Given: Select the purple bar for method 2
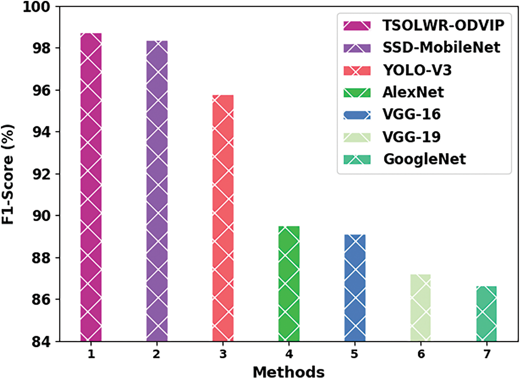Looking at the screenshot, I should [x=157, y=191].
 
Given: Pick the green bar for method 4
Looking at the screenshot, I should [x=289, y=283].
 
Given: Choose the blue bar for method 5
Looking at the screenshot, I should [x=355, y=288].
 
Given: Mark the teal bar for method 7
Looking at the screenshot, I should [x=487, y=313].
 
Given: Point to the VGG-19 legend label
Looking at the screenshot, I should [x=413, y=137].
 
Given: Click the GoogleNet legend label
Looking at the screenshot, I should [x=425, y=159].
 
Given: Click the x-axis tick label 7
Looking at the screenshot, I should [x=487, y=354].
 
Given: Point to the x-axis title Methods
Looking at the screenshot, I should [x=289, y=371].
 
